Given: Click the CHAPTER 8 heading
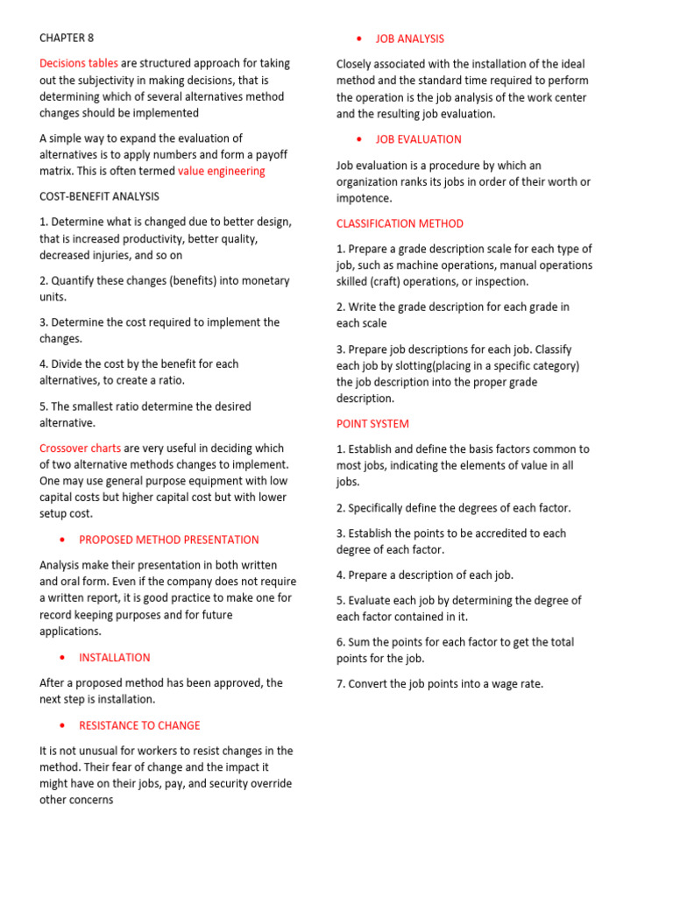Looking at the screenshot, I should [x=67, y=38].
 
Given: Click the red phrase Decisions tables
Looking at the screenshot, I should [x=79, y=63].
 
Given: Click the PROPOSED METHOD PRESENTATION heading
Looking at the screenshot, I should [x=169, y=540].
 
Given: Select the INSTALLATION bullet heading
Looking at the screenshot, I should [x=115, y=657].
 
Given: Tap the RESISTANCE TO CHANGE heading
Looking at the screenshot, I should [x=139, y=725].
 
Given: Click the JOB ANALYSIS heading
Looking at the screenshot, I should [x=410, y=39].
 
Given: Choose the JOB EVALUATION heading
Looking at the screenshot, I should [x=419, y=139].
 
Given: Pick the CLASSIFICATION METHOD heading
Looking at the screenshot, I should [x=400, y=223].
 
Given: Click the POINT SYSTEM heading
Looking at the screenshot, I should [x=372, y=424].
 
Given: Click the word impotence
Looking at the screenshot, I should [x=365, y=198].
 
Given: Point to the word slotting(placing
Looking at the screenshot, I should [x=436, y=365].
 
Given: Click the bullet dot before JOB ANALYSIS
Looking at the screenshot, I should [x=359, y=39].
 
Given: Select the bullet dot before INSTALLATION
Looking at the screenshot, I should [x=62, y=658].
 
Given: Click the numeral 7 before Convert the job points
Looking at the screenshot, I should [x=340, y=684].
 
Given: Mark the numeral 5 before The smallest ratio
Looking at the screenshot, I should [x=43, y=406].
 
